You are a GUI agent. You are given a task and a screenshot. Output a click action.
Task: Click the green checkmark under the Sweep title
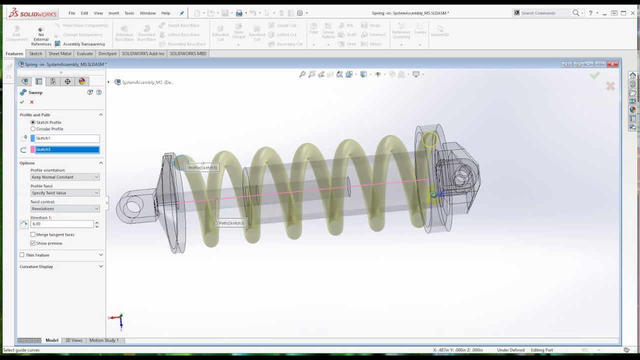tap(22, 102)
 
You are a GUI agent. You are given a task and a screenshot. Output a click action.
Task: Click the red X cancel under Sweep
tap(31, 102)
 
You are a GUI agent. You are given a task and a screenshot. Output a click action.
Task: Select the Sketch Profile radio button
tap(33, 122)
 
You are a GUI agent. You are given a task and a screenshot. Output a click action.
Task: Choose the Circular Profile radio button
tap(33, 129)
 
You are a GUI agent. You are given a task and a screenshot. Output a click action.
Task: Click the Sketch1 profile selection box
tap(65, 138)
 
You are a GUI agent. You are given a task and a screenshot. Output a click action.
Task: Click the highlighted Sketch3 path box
tap(65, 149)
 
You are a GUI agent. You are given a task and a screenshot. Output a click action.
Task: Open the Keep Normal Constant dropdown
tap(65, 177)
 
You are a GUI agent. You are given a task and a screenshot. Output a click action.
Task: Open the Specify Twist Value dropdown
tap(65, 193)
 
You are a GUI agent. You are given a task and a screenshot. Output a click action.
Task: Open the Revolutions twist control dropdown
tap(65, 208)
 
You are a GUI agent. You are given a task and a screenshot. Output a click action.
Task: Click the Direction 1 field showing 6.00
tap(61, 224)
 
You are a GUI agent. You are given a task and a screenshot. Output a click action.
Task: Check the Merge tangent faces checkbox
tap(33, 234)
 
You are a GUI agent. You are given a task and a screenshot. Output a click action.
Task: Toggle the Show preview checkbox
tap(33, 243)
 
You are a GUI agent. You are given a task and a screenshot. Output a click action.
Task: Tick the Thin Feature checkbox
tap(22, 255)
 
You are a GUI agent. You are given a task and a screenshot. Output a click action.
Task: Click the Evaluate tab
tap(84, 53)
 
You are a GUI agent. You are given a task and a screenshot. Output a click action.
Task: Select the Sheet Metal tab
tap(60, 53)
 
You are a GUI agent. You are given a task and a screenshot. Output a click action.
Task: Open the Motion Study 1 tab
tap(104, 340)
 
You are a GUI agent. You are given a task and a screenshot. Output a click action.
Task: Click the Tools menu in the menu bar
tap(129, 13)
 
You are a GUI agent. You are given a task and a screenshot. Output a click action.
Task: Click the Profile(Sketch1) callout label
tap(202, 167)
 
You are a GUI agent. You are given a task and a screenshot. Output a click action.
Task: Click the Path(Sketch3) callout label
tap(231, 223)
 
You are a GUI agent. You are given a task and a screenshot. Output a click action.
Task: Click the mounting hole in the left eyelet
tap(133, 205)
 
